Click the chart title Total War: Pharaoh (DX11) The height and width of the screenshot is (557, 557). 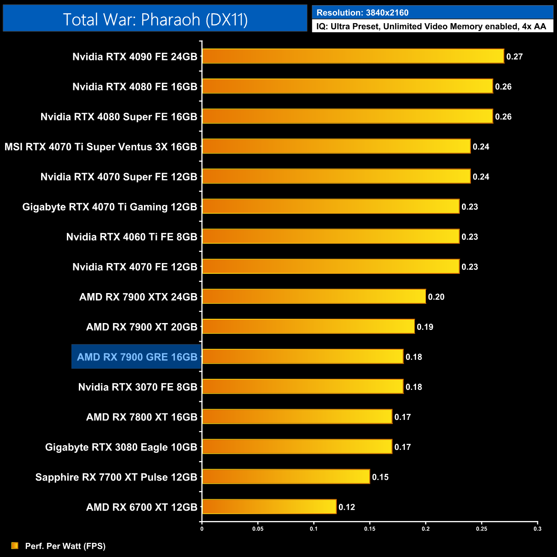click(155, 19)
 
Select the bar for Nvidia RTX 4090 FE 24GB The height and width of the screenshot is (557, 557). click(353, 56)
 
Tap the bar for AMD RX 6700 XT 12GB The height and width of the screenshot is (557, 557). click(269, 506)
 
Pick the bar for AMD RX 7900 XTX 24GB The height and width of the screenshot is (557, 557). click(314, 296)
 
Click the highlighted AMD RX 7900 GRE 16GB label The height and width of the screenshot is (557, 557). click(137, 357)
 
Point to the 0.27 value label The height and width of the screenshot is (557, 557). click(514, 57)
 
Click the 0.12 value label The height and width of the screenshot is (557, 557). click(347, 507)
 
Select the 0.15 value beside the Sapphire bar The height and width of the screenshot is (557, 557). click(380, 477)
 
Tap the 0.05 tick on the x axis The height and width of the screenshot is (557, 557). click(258, 529)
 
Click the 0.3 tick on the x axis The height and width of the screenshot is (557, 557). click(537, 529)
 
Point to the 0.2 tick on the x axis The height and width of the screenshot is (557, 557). click(425, 529)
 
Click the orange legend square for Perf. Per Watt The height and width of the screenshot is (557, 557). click(15, 545)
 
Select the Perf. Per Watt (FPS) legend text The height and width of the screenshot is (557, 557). click(65, 546)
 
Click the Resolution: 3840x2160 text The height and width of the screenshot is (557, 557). click(362, 12)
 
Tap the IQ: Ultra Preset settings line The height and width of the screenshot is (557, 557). click(431, 27)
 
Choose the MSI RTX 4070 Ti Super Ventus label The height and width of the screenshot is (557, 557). click(101, 147)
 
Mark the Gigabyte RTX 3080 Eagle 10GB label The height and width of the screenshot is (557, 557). click(121, 447)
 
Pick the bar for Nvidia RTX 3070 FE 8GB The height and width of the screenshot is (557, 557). click(302, 386)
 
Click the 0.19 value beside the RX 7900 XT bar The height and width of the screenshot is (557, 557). click(425, 327)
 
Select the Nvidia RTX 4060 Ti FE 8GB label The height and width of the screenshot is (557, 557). click(132, 237)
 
